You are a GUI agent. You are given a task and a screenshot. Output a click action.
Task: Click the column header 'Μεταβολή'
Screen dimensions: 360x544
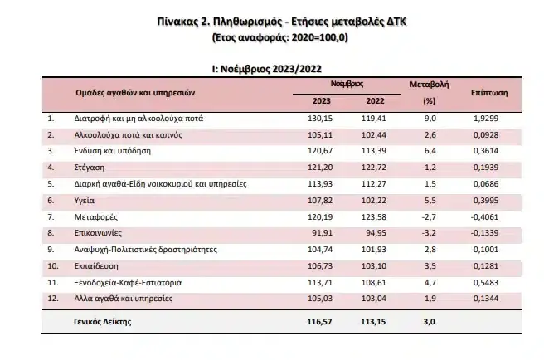[429, 85]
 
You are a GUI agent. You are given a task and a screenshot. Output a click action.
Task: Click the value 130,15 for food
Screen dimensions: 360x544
[321, 119]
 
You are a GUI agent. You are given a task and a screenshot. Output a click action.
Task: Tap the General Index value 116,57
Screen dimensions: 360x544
[321, 321]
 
